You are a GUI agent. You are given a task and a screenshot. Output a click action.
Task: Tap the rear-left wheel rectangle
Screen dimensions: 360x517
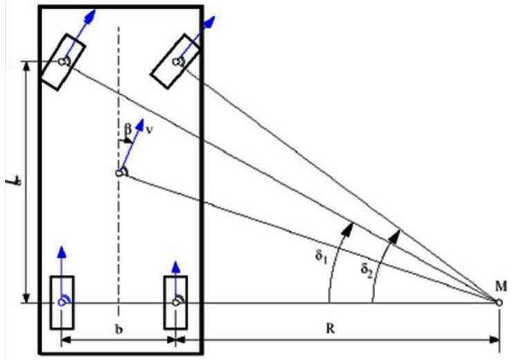(x=62, y=302)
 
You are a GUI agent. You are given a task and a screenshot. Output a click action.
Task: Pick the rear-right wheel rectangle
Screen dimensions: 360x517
(x=176, y=302)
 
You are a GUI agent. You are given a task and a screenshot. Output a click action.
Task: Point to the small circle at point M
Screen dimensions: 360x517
(x=499, y=302)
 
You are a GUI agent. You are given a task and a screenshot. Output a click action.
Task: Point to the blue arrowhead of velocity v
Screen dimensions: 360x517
(x=143, y=125)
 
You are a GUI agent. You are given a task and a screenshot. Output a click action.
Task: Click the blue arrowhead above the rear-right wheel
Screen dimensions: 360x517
(x=176, y=264)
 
